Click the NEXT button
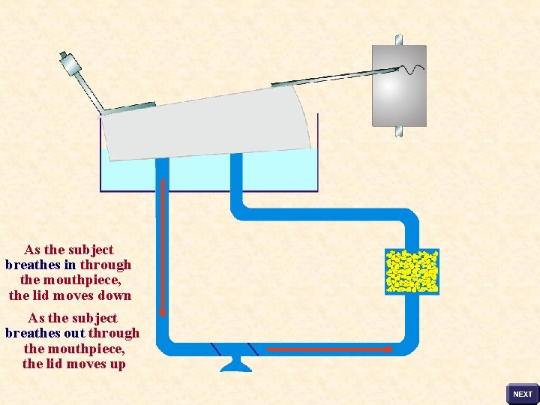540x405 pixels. (523, 394)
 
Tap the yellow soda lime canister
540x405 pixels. (412, 271)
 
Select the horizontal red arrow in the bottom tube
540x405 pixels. (331, 349)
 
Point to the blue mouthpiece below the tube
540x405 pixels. (234, 364)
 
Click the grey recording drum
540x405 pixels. (399, 85)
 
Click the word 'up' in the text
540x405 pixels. (116, 364)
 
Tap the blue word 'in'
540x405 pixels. (70, 265)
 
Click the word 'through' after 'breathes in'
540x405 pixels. (106, 265)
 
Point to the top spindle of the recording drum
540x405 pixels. (399, 39)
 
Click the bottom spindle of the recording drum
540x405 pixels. (400, 131)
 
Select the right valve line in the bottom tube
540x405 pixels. (253, 349)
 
